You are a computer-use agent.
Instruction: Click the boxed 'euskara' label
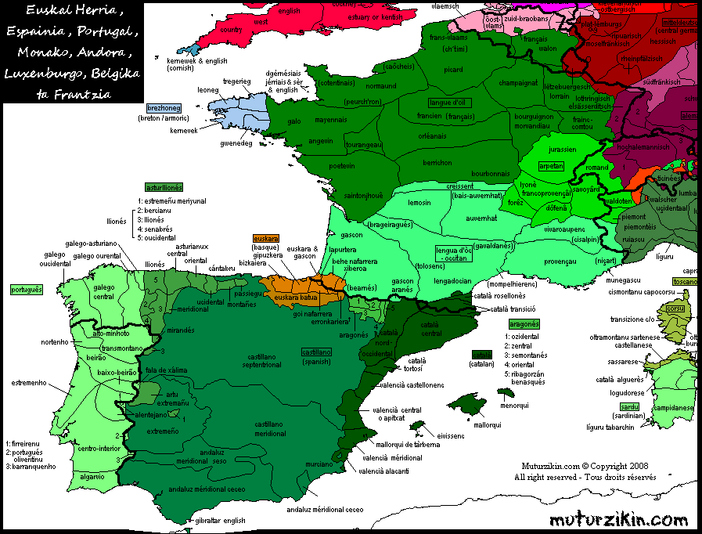267,237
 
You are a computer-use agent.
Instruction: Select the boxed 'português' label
26,289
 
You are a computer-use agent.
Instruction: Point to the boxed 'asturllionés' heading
164,188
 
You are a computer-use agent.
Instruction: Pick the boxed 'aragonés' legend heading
524,323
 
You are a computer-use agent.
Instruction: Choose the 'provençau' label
537,260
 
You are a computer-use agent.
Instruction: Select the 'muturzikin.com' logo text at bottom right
618,519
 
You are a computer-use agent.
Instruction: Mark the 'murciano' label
321,464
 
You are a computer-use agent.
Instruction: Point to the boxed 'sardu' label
628,406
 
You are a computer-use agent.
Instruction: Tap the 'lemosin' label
419,202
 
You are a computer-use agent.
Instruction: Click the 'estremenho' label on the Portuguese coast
23,383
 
